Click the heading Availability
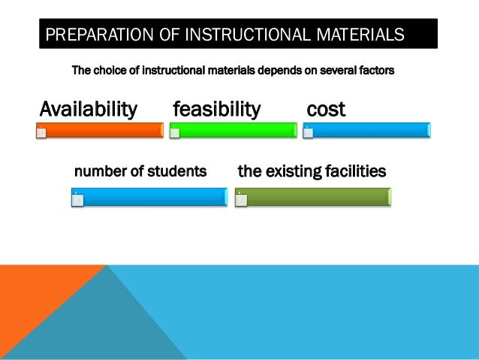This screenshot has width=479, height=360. (x=88, y=109)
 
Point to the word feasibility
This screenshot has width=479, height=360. (x=216, y=109)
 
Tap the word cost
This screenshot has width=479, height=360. (x=326, y=109)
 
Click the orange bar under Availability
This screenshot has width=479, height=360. (x=101, y=130)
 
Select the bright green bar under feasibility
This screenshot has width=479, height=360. (x=233, y=130)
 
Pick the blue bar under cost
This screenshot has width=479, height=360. (x=367, y=130)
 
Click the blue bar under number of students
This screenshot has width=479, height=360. (x=149, y=197)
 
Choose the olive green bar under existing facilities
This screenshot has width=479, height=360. (x=313, y=197)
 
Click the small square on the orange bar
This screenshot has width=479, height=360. (x=41, y=134)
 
